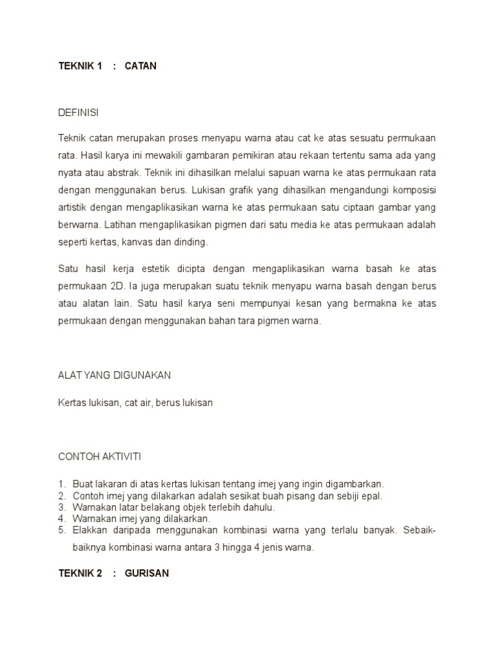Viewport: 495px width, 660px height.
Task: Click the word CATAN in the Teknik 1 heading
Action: (141, 66)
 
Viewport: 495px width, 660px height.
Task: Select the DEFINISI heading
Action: (79, 113)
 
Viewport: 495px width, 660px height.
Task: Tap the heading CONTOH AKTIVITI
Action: (99, 456)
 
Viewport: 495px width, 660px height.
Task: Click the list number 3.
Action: (62, 507)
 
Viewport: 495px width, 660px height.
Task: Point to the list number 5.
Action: (62, 530)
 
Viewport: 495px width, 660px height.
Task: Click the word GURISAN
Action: (147, 573)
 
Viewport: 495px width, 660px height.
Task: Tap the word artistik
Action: (73, 208)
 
